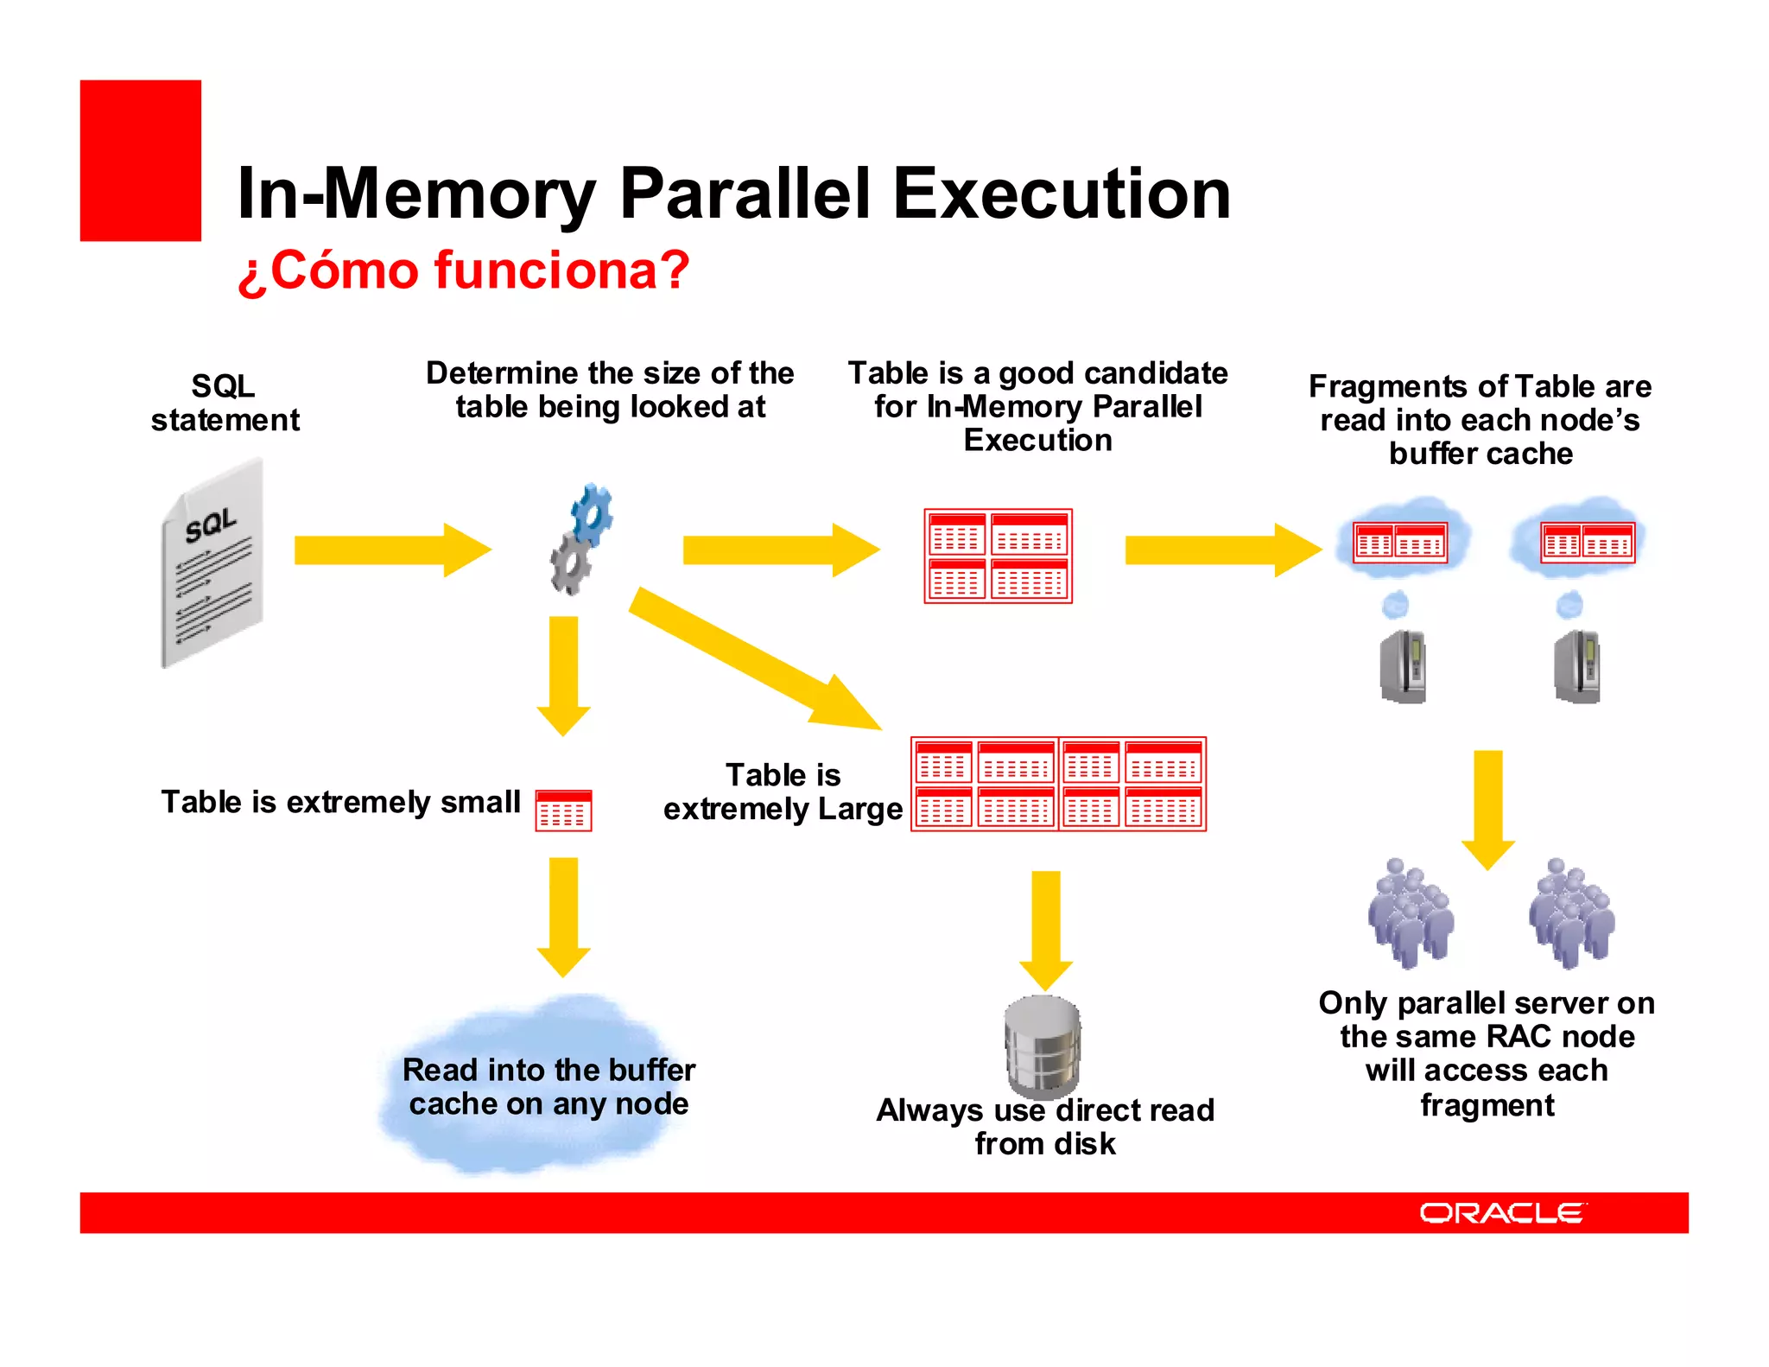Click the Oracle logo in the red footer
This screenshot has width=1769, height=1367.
tap(1501, 1212)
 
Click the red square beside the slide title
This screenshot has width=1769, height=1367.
tap(140, 161)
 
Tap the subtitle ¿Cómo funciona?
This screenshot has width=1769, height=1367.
tap(463, 270)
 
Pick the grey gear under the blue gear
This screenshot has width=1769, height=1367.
tap(572, 564)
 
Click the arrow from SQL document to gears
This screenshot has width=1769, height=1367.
tap(390, 550)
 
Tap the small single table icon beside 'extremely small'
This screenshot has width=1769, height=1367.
tap(563, 811)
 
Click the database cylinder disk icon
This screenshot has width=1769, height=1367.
tap(1043, 1044)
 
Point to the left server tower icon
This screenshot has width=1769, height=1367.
tap(1403, 666)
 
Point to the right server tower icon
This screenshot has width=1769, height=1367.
tap(1577, 666)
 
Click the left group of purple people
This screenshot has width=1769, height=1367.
tap(1410, 913)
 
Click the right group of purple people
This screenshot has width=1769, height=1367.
tap(1571, 913)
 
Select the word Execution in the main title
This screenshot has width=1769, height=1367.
tap(1062, 194)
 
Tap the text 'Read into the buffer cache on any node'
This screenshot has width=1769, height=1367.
tap(548, 1087)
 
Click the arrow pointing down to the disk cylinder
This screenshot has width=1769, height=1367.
tap(1046, 929)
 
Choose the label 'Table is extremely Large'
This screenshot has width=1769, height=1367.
tap(783, 792)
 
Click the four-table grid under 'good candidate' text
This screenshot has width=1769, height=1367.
tap(998, 556)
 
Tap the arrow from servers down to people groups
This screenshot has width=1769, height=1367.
tap(1487, 808)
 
